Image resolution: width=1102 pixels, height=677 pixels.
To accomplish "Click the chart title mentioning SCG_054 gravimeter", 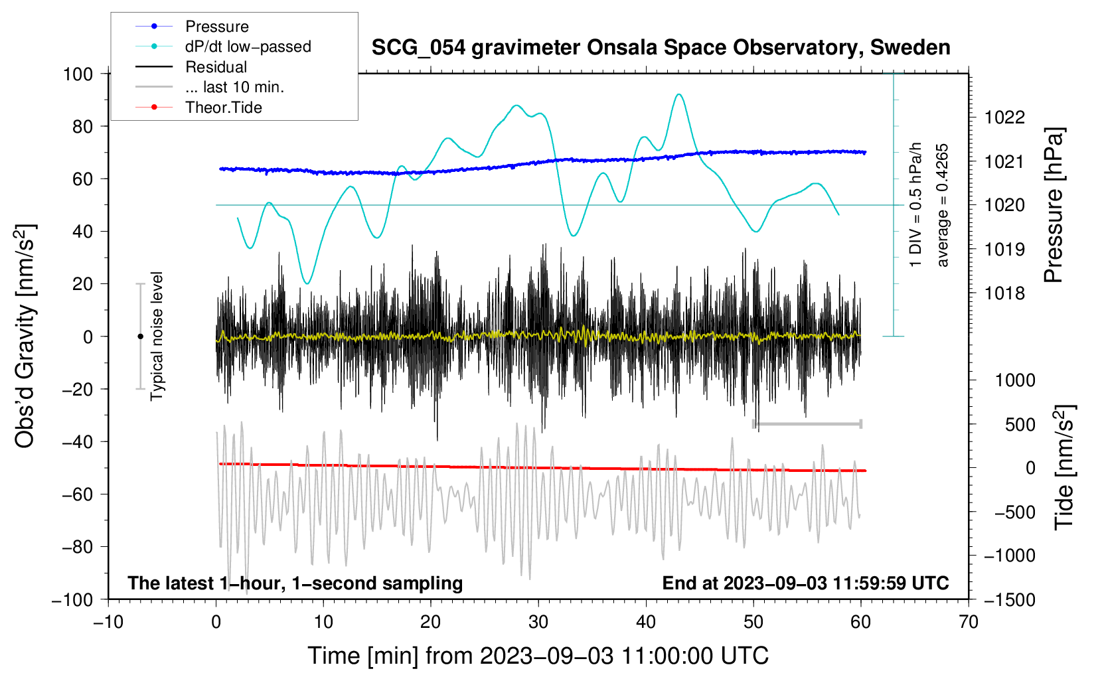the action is [x=661, y=48].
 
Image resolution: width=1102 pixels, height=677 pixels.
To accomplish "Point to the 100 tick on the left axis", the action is [x=78, y=74].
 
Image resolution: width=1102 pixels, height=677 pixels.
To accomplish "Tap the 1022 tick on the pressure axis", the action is [x=1004, y=117].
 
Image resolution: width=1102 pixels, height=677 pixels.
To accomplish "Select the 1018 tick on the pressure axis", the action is [x=1004, y=293].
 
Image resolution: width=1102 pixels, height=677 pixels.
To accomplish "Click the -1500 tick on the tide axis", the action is [x=1010, y=600].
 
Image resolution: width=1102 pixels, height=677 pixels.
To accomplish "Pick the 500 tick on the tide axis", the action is [x=1020, y=425].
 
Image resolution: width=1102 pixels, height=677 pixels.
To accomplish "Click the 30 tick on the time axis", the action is [x=538, y=623].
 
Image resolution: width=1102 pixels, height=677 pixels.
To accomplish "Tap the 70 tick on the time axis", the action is [x=968, y=623].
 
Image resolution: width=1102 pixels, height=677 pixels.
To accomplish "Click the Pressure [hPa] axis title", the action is [x=1054, y=205].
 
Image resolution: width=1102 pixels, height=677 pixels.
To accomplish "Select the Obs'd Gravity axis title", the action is [x=25, y=337].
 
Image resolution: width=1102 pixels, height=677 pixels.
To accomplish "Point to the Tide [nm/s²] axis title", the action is [x=1065, y=468].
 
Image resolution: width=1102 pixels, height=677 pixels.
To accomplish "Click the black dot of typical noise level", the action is [x=140, y=337].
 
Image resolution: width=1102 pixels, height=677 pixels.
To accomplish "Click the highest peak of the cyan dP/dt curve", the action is [x=679, y=94].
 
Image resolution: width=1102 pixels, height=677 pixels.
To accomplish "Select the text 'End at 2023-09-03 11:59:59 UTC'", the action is [x=805, y=583].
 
